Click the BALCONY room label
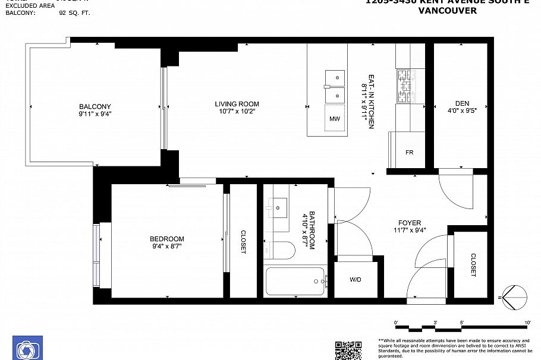(x=95, y=106)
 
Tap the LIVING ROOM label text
(x=237, y=104)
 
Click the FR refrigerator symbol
(x=409, y=152)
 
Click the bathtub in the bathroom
(x=295, y=281)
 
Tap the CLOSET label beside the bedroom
(x=243, y=242)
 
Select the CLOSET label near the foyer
(x=473, y=265)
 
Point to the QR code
(x=348, y=350)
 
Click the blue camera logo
(x=27, y=348)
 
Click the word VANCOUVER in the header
(x=447, y=11)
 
